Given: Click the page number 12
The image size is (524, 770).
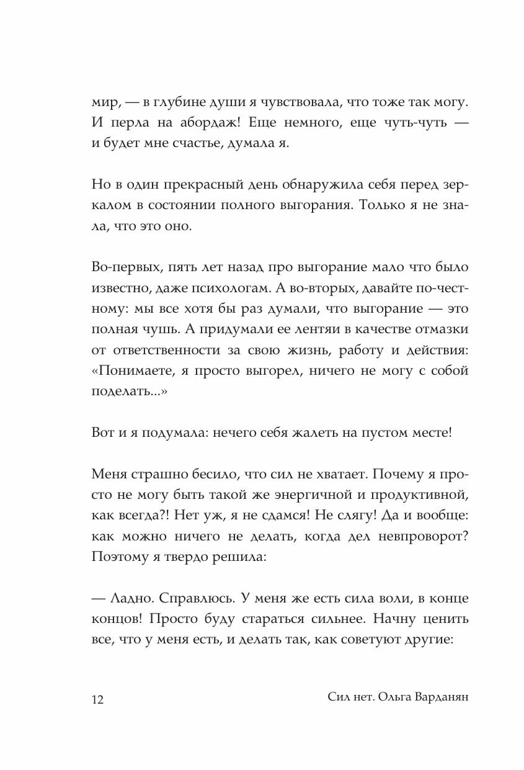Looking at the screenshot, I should (97, 699).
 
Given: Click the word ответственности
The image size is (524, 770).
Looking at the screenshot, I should (165, 351).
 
